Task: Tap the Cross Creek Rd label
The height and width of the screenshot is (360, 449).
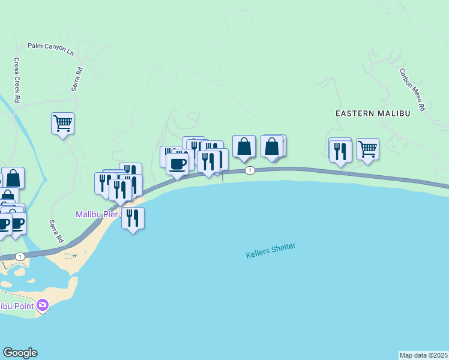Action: (x=17, y=79)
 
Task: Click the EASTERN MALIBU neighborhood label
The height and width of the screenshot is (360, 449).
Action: (x=372, y=113)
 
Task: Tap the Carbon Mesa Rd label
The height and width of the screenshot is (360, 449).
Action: (x=412, y=89)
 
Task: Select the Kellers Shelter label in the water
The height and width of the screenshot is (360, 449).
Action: (x=271, y=251)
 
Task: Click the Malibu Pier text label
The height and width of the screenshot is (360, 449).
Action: (x=97, y=214)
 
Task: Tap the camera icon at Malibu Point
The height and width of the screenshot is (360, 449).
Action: (x=42, y=306)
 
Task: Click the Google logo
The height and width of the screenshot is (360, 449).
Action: (x=20, y=353)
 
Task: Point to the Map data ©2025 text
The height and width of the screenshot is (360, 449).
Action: (x=424, y=355)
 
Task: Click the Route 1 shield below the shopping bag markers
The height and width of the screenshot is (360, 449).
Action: (x=250, y=170)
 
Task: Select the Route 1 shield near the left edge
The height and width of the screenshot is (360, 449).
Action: (x=20, y=257)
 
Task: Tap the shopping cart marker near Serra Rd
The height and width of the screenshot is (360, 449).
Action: (x=62, y=124)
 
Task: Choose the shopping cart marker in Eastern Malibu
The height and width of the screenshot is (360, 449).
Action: (x=367, y=149)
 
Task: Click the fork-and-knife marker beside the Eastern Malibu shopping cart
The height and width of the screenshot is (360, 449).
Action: (x=340, y=151)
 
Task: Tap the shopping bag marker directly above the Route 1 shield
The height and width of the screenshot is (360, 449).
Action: (x=244, y=146)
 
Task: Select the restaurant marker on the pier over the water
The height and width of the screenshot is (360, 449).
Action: (x=133, y=218)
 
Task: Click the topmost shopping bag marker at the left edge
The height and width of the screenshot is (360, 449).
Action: (x=13, y=178)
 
